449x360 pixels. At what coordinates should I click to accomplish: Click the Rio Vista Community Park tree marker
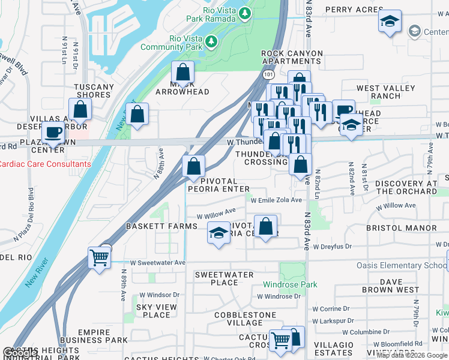coord(211,41)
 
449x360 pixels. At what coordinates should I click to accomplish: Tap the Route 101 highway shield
coord(268,72)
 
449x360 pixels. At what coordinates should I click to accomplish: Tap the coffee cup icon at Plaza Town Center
coord(53,133)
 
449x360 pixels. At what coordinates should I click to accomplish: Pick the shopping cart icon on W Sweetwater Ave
coord(99,258)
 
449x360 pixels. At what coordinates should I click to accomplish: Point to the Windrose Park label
coord(290,284)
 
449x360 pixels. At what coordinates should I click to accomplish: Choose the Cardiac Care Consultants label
coord(46,164)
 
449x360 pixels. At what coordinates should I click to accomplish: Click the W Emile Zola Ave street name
coord(276,200)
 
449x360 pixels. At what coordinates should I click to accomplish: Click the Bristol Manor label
coord(402,228)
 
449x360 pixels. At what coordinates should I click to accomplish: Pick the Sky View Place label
coord(153,311)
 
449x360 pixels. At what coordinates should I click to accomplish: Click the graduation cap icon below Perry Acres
coord(390,23)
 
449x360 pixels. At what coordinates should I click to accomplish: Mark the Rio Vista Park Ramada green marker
coord(244,13)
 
